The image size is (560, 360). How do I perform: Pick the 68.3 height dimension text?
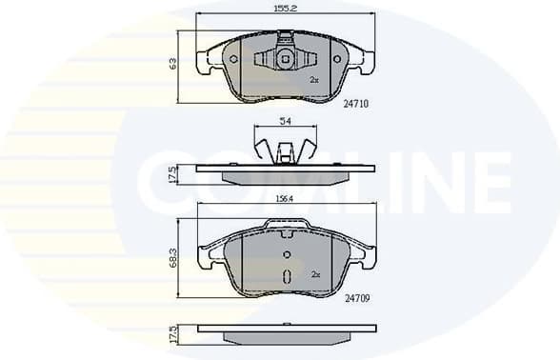172,258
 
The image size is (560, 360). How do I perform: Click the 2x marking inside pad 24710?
315,80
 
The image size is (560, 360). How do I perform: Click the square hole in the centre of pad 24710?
285,59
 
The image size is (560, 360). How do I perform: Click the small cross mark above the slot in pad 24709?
287,254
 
